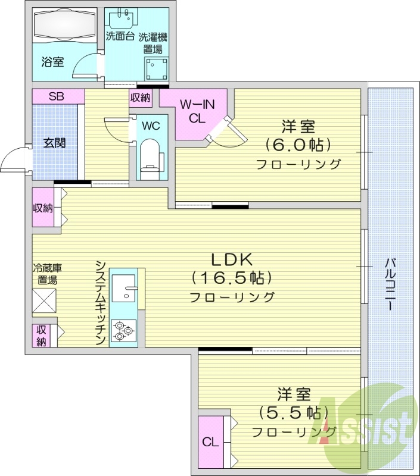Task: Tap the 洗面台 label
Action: (119, 36)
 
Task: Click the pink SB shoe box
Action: (58, 96)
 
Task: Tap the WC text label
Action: (151, 126)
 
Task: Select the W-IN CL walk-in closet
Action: (196, 112)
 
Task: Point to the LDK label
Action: (232, 259)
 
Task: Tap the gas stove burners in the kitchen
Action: (123, 331)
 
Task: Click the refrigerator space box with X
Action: (45, 299)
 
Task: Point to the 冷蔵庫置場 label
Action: (45, 274)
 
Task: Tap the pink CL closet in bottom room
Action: (209, 441)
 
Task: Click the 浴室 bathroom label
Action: (53, 62)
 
